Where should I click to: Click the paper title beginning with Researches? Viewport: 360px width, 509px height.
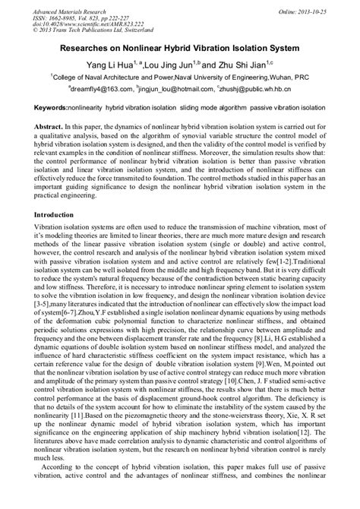179,48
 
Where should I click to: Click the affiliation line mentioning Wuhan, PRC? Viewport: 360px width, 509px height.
179,77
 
